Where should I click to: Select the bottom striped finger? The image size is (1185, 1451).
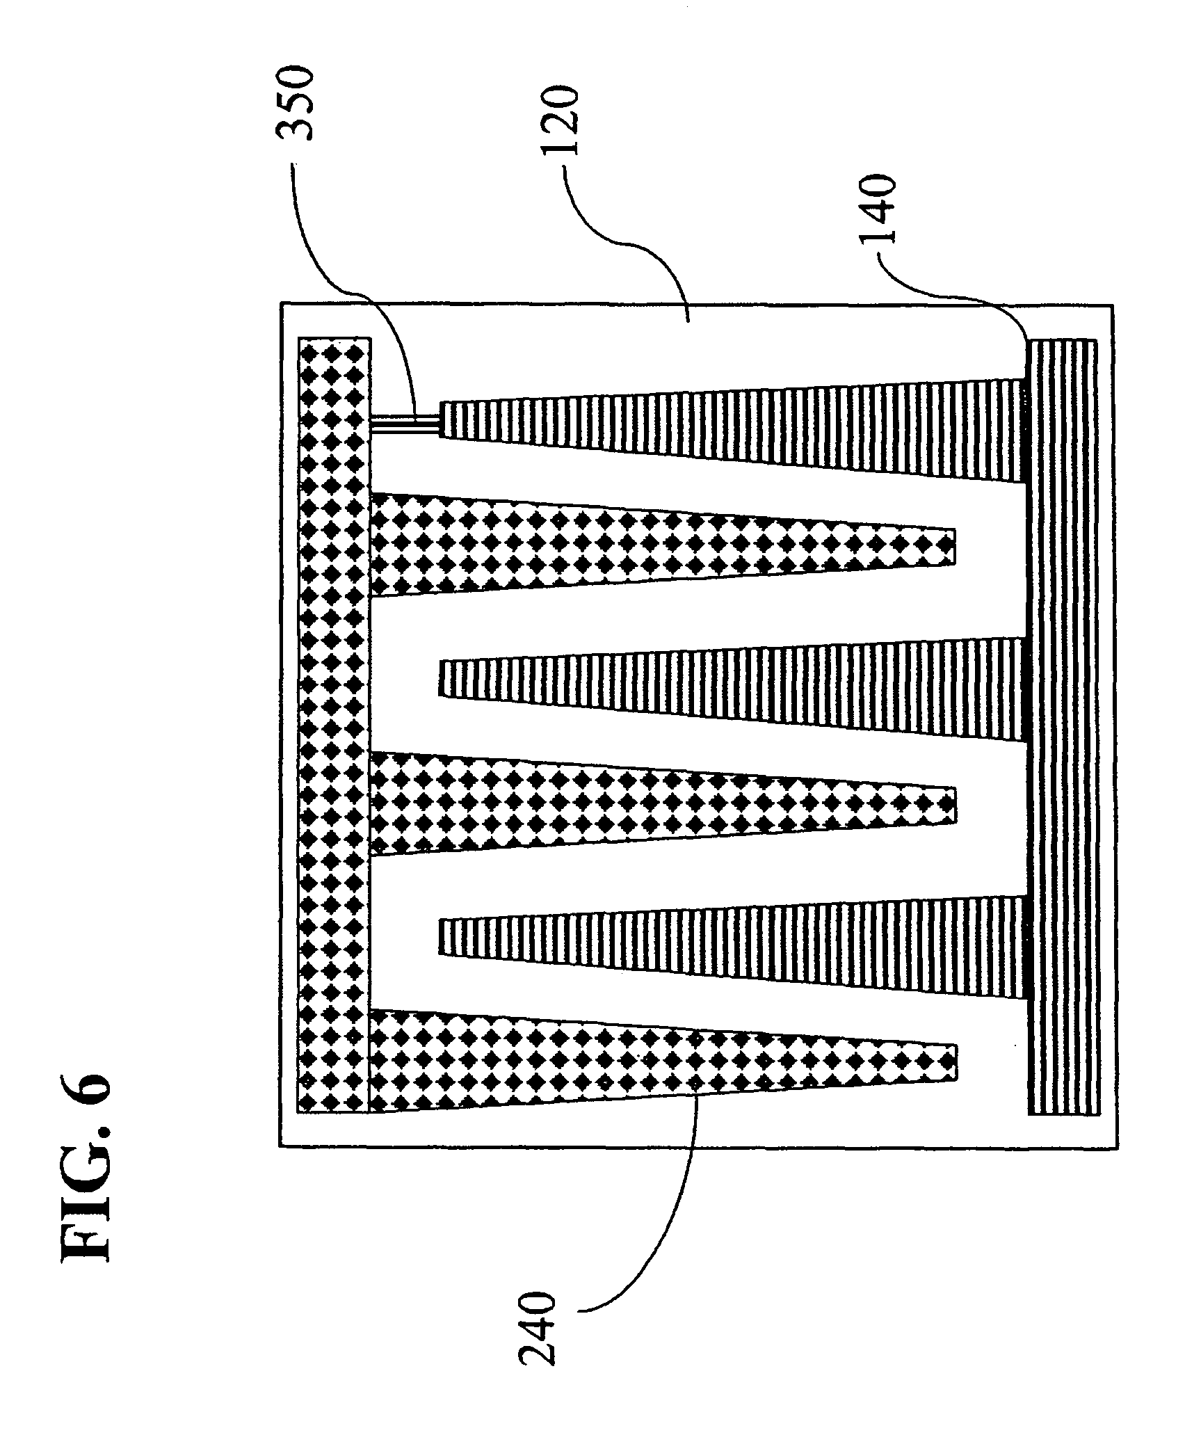[734, 946]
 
